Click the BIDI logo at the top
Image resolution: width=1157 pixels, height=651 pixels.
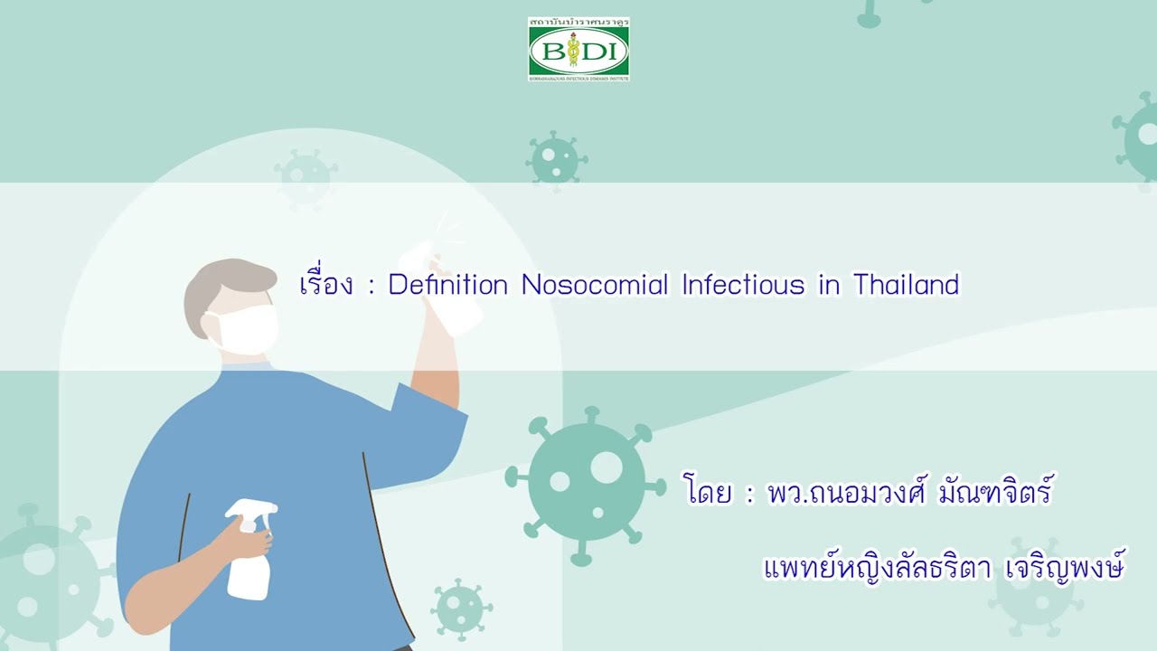coord(578,50)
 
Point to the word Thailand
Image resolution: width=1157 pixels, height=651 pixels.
coord(906,286)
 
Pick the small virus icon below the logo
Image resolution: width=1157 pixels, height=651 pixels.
coord(555,159)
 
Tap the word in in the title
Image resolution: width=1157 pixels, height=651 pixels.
coord(829,286)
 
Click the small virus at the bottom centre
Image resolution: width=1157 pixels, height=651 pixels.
coord(461,608)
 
